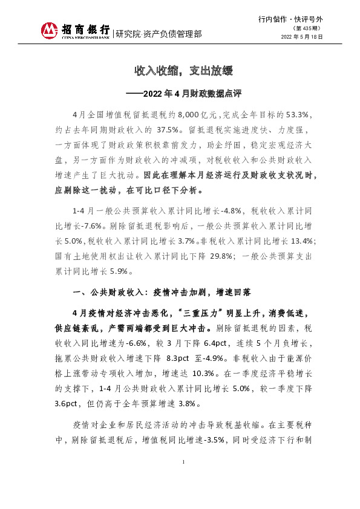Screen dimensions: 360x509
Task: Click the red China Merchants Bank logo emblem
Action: point(50,30)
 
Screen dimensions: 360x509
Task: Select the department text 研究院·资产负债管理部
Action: point(159,34)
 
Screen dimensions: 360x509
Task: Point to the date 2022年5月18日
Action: point(303,37)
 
